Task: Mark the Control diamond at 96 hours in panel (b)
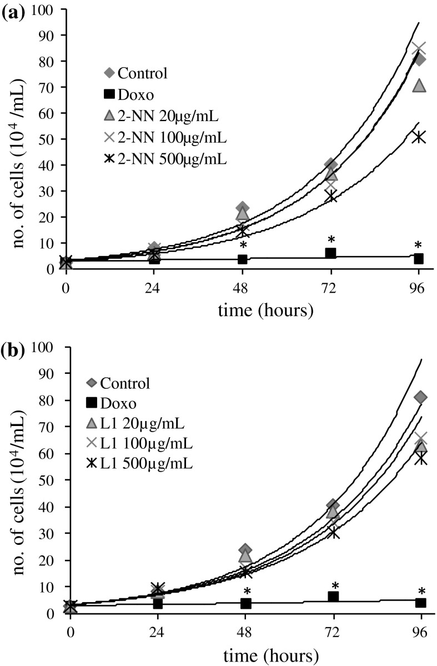(x=420, y=397)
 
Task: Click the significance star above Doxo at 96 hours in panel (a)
(x=419, y=246)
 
